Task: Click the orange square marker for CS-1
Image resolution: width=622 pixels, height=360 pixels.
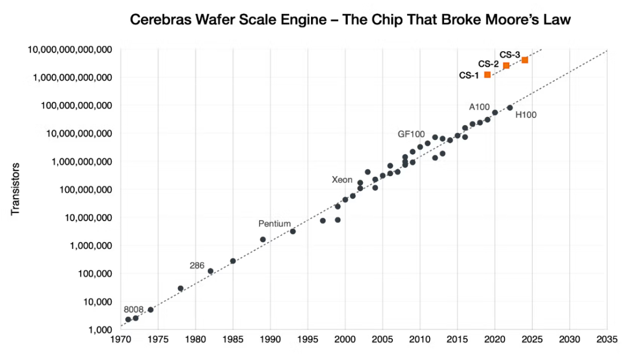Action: [x=487, y=75]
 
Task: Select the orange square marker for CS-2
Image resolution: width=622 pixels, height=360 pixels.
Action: [x=506, y=66]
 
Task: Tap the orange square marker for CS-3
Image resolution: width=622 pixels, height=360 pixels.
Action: [x=525, y=60]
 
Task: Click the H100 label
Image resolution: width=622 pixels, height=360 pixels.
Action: [x=525, y=115]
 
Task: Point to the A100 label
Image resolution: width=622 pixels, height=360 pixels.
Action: [x=479, y=107]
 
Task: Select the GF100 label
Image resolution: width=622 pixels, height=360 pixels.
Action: [x=411, y=134]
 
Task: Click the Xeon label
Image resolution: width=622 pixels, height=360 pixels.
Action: [x=342, y=180]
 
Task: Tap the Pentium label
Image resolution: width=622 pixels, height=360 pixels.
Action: [x=274, y=223]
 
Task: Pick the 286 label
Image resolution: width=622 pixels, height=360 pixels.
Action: [x=197, y=266]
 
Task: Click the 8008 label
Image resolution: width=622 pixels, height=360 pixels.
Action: [x=133, y=309]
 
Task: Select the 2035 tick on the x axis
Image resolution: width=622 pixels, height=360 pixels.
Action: [x=607, y=339]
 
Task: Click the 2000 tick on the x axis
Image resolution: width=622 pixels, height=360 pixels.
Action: [x=345, y=339]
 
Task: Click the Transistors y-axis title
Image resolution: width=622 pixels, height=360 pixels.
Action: [x=16, y=189]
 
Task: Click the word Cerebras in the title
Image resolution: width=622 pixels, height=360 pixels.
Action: [x=158, y=20]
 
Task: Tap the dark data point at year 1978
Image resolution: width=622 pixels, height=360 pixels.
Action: [x=180, y=288]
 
